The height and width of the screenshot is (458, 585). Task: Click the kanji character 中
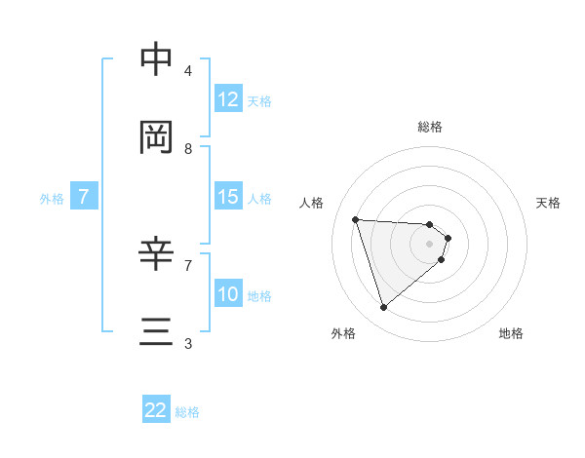click(x=157, y=59)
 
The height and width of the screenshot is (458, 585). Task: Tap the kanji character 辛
click(x=157, y=254)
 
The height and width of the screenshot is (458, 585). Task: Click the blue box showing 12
click(x=228, y=99)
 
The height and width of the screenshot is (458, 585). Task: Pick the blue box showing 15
click(x=228, y=197)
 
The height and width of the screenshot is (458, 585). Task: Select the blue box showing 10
click(x=228, y=294)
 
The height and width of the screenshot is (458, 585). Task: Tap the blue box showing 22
click(x=156, y=410)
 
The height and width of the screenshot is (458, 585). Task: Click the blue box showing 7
click(x=84, y=197)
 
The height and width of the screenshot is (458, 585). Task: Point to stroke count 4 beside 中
click(x=188, y=71)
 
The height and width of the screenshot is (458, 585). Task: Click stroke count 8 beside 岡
click(x=188, y=149)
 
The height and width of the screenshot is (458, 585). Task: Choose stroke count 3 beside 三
click(x=188, y=344)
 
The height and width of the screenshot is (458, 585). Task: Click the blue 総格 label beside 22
click(x=187, y=412)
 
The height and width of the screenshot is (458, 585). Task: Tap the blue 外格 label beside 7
click(x=52, y=198)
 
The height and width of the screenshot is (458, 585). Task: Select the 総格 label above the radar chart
click(x=430, y=127)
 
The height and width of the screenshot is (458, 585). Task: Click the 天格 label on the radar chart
click(x=548, y=203)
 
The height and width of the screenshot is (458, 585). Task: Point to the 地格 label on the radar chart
click(x=511, y=333)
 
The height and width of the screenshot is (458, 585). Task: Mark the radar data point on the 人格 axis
click(x=356, y=219)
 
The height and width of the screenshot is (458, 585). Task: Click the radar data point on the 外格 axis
click(x=384, y=308)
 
